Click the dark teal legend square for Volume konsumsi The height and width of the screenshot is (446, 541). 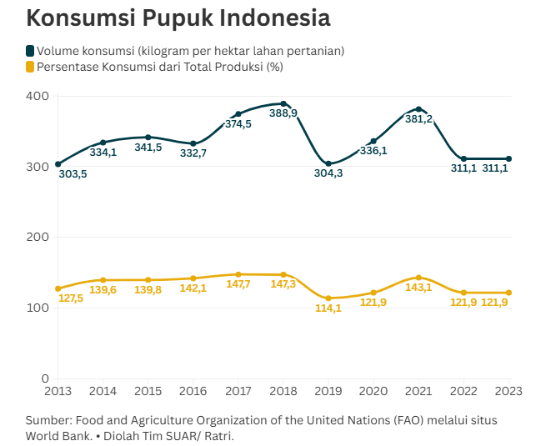click(x=31, y=51)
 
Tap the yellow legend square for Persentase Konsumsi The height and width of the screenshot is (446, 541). click(x=31, y=67)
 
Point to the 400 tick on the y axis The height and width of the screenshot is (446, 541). click(x=38, y=96)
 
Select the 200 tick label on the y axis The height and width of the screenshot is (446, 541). click(x=38, y=237)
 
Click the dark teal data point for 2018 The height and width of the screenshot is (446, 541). click(x=283, y=103)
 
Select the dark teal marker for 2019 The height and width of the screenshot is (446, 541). click(x=328, y=163)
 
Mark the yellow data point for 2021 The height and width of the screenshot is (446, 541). click(x=418, y=278)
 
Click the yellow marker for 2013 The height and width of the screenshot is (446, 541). click(x=58, y=288)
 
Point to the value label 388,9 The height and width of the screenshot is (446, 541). click(x=283, y=113)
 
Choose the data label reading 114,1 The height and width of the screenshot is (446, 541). click(x=328, y=308)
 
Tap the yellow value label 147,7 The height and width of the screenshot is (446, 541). click(x=238, y=284)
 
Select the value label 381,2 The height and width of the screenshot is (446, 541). click(x=418, y=119)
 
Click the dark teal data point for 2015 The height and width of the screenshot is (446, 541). click(x=148, y=138)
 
